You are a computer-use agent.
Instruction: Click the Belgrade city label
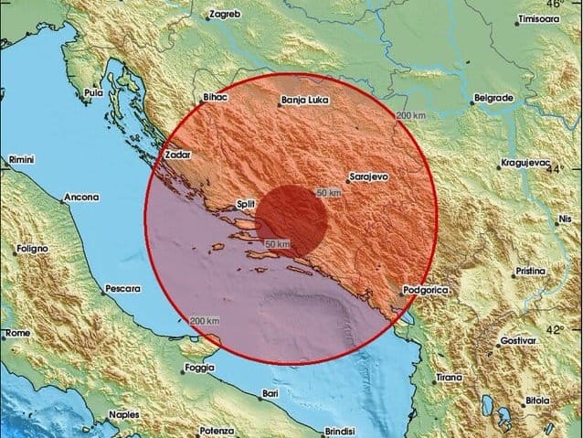493,97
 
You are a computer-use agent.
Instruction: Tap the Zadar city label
177,155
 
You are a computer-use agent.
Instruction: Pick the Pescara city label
122,288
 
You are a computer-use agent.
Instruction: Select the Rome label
16,334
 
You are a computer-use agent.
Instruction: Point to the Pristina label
529,272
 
